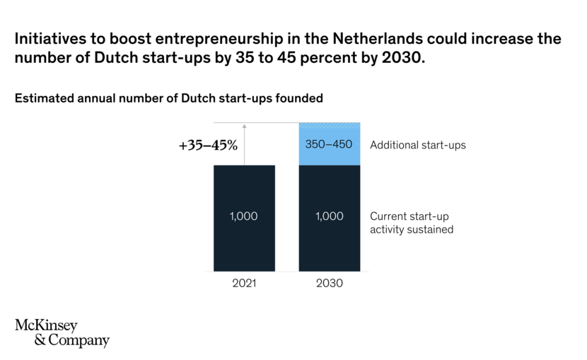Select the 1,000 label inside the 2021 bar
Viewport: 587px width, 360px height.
coord(244,216)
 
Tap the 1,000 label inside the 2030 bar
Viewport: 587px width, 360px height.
coord(330,216)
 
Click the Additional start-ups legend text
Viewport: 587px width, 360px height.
coord(418,145)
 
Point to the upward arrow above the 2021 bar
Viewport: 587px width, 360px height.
coord(244,141)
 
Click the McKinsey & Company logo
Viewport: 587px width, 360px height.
coord(62,333)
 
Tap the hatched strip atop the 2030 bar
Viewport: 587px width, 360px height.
coord(330,126)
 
